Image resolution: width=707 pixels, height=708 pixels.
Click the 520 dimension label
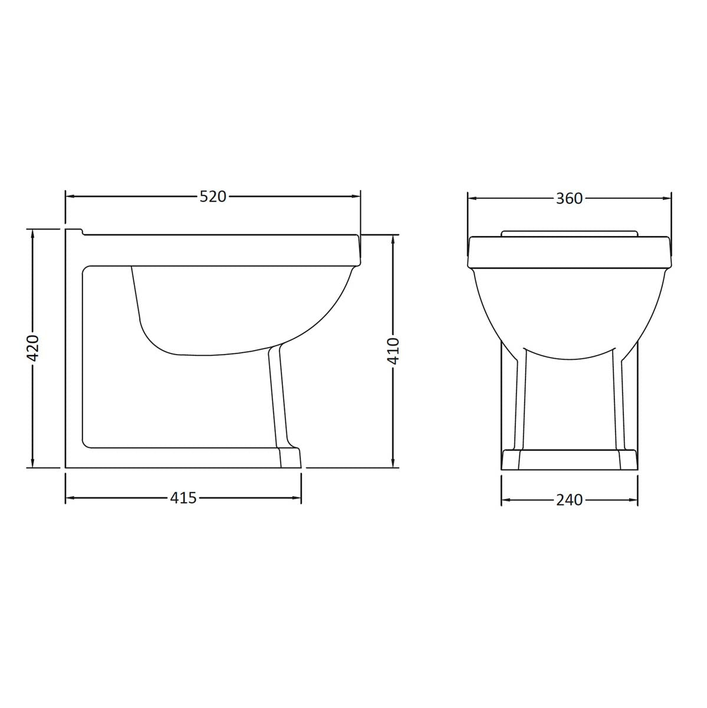point(213,196)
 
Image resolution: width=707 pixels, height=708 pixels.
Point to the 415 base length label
point(183,498)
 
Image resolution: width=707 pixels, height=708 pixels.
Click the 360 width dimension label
point(569,199)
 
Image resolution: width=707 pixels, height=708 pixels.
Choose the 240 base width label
point(569,500)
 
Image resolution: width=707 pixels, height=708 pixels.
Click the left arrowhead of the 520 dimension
point(69,196)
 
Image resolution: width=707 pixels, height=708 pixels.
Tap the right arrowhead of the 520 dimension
point(356,196)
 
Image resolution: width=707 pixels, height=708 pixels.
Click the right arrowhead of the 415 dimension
point(297,498)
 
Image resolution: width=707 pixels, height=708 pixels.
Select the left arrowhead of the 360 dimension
point(472,199)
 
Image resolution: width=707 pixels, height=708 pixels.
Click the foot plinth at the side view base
point(289,458)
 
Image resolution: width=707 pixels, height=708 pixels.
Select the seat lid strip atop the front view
point(569,232)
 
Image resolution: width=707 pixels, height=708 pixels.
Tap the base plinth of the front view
point(569,460)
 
